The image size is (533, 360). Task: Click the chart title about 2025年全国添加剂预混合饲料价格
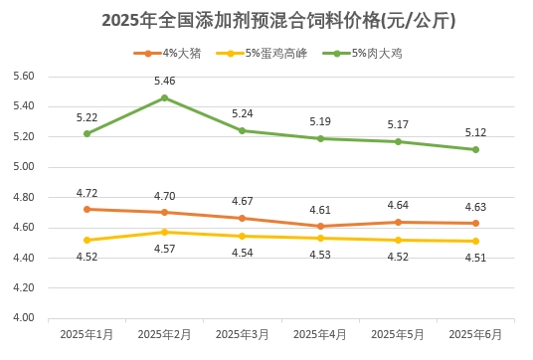(x=266, y=20)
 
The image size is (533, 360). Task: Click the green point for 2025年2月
(x=164, y=97)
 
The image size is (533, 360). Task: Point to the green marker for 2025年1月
(x=87, y=133)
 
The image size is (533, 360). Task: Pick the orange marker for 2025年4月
(x=320, y=226)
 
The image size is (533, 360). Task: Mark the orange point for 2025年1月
(x=87, y=209)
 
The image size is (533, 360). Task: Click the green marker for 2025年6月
(x=475, y=149)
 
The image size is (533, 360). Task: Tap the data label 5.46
(x=164, y=81)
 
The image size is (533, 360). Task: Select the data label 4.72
(x=87, y=192)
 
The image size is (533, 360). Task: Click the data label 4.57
(x=164, y=249)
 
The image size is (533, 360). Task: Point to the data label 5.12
(x=475, y=132)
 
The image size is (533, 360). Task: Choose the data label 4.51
(x=475, y=258)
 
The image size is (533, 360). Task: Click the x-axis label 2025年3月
(x=242, y=335)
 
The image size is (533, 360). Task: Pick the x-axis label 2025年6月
(x=475, y=335)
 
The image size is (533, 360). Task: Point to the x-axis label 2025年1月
(x=87, y=335)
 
